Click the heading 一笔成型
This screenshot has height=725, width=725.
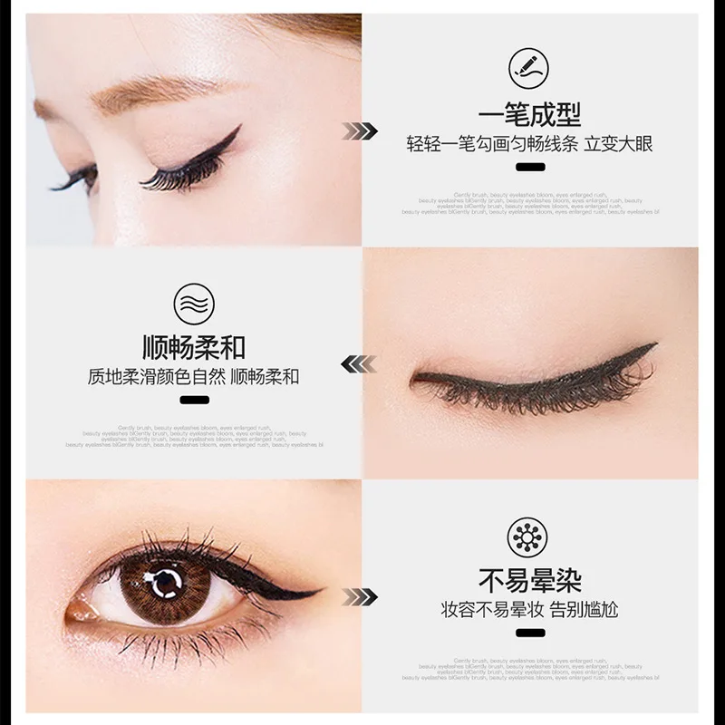529,116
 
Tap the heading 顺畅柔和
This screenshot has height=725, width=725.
194,348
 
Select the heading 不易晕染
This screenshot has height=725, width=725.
529,580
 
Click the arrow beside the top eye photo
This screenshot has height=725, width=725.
359,131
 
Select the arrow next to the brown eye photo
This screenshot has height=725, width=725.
359,595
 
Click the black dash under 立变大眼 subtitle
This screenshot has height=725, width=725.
529,167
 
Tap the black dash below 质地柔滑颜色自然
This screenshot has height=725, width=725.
194,400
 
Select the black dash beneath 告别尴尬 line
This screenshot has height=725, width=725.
529,632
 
